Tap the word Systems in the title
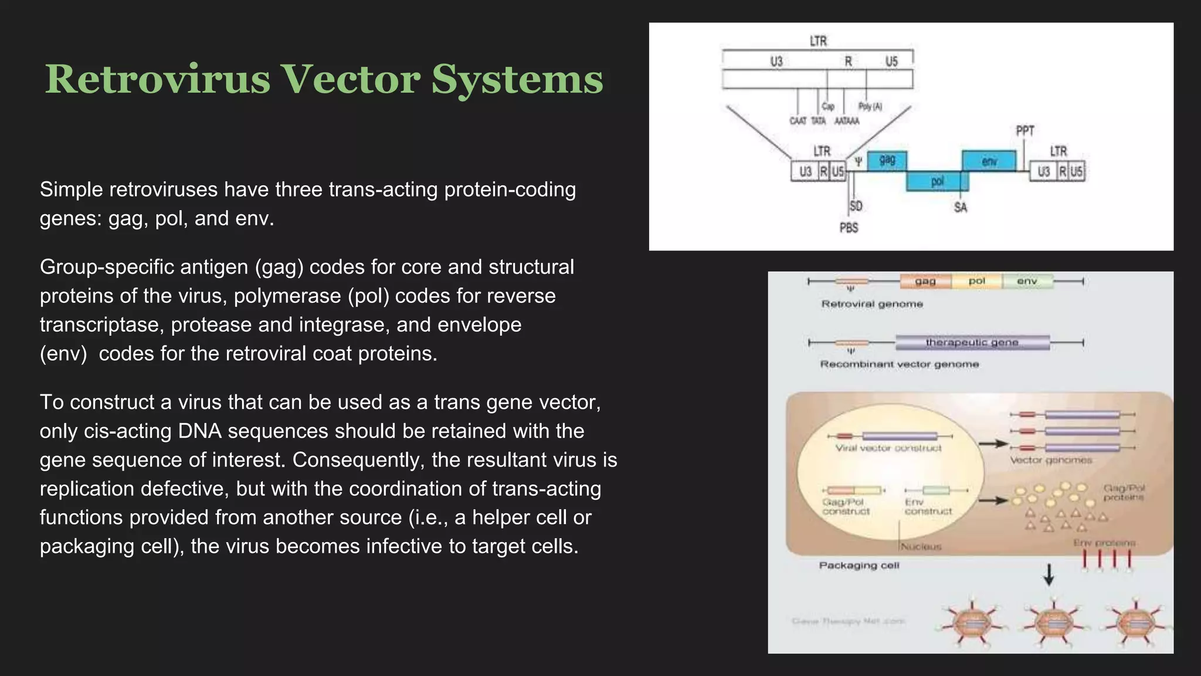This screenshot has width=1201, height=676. click(517, 79)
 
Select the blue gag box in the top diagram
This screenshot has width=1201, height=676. click(887, 160)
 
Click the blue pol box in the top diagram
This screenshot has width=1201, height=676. click(937, 181)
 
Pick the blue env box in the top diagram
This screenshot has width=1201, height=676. click(989, 160)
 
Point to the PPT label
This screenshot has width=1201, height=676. click(1024, 130)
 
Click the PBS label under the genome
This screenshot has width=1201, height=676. click(849, 228)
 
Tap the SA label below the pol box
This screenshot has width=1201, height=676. click(960, 207)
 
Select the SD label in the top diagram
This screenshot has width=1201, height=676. click(856, 206)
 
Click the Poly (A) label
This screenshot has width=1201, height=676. click(870, 106)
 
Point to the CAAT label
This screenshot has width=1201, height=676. click(798, 121)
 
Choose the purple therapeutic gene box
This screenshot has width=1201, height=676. click(972, 342)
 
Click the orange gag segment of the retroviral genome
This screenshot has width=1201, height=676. click(925, 281)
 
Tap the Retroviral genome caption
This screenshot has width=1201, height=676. click(871, 304)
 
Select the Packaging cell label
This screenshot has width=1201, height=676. click(859, 565)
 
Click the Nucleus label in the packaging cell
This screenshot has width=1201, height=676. click(921, 546)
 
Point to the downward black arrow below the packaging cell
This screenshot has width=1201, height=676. click(1049, 574)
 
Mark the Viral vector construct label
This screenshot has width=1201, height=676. click(888, 448)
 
